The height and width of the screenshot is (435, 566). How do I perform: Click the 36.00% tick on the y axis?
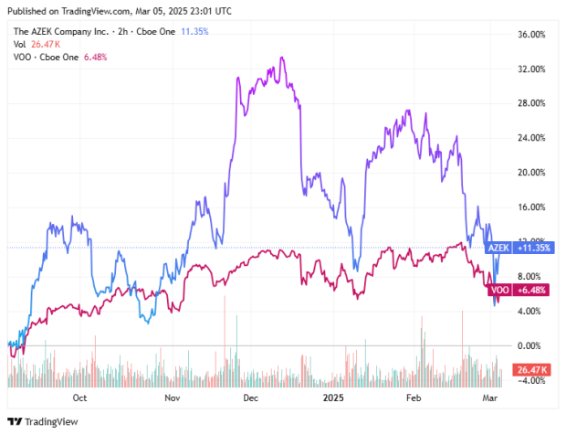coord(532,35)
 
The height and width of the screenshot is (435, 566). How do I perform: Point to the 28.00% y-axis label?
coord(532,103)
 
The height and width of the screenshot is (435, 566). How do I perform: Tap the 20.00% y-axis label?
coord(532,173)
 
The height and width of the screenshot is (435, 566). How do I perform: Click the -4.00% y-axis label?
coord(532,380)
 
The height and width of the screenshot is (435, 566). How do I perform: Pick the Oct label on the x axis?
coord(79,398)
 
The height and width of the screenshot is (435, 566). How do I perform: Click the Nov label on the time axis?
coord(170,398)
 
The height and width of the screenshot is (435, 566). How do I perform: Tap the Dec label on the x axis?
coord(252,398)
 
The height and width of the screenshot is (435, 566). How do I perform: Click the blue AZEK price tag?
coord(498,248)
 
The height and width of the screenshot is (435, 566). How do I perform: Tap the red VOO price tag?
coord(499,290)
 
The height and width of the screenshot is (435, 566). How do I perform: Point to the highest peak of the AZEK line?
coord(282,58)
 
